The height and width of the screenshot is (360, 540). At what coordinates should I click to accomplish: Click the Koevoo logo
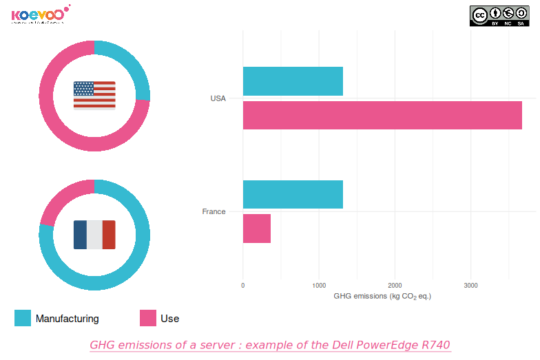(39, 14)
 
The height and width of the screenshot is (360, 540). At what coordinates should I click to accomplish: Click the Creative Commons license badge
(499, 16)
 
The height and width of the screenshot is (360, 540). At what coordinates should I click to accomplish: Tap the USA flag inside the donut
(94, 95)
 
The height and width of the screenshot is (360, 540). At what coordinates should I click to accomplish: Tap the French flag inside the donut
(94, 235)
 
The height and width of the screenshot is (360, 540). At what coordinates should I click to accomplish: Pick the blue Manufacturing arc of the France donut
(124, 272)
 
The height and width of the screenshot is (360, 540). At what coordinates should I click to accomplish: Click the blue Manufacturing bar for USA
(293, 81)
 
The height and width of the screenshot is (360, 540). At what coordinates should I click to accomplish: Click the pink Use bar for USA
(382, 115)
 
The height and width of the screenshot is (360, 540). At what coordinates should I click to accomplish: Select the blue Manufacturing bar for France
(293, 195)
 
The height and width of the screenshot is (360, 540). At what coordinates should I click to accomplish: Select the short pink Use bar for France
(257, 229)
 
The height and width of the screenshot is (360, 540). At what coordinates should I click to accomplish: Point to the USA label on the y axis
(218, 98)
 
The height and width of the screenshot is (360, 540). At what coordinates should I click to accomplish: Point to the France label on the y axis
(214, 211)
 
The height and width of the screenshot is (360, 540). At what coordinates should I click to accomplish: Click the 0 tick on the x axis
(243, 285)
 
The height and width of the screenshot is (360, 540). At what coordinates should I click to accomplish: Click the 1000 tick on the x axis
(319, 285)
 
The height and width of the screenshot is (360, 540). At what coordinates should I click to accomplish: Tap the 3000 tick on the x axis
(470, 285)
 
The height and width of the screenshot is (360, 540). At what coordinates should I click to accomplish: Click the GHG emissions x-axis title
(382, 296)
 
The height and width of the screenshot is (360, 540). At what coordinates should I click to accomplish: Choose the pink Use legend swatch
(148, 318)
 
